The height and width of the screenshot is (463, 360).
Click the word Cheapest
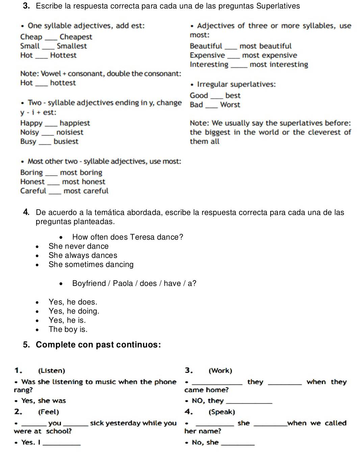point(76,37)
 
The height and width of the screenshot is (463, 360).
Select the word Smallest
point(72,46)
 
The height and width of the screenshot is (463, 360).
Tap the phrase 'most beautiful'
point(265,46)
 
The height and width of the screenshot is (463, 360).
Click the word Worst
point(230,105)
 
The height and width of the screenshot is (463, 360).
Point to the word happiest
point(75,123)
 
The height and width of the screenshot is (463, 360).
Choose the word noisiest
point(70,132)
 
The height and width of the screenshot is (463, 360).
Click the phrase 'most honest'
point(83,181)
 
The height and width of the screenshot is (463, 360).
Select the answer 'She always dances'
point(83,255)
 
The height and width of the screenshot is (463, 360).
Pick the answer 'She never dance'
point(78,246)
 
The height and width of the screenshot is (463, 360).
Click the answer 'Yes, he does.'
point(73,302)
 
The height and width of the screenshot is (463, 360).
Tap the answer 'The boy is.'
point(68,329)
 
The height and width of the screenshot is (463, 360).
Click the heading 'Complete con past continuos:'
point(98,345)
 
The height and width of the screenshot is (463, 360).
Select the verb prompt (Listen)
point(52,370)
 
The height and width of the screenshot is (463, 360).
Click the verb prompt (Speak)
point(222,412)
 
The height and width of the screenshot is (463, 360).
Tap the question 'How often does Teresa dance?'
point(128,237)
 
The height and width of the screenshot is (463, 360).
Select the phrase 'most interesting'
point(279,64)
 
